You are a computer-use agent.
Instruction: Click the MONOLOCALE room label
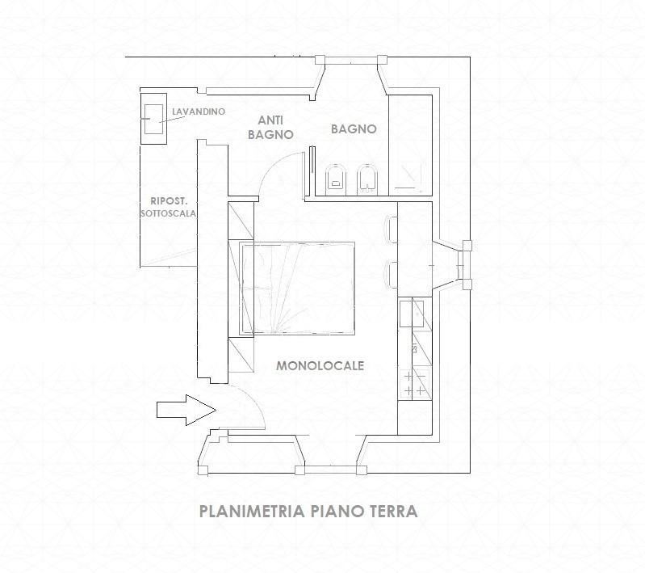coord(320,366)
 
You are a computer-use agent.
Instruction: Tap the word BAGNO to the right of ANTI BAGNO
coord(354,129)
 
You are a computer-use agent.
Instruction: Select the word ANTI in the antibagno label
coord(270,120)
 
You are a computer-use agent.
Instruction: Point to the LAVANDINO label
coord(199,112)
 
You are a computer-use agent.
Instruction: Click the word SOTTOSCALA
coord(168,214)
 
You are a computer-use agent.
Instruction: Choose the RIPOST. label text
coord(169,201)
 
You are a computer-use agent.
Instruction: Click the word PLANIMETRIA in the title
coord(252,512)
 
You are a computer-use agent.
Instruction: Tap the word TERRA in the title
coord(394,512)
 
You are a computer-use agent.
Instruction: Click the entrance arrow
coord(186,410)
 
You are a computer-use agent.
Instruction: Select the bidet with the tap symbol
coord(367,179)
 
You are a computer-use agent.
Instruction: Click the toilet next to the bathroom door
coord(336,179)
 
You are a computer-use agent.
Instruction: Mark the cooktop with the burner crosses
coord(415,383)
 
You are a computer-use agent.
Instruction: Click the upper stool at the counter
coord(392,229)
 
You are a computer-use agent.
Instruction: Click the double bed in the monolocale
coord(297,288)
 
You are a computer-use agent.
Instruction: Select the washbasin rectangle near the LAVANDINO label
coord(153,119)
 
